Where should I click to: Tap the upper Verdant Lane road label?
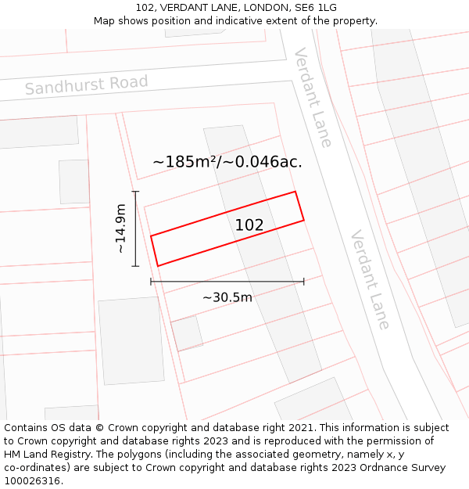click(313, 97)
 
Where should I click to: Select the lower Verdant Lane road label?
click(370, 279)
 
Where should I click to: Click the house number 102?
click(249, 225)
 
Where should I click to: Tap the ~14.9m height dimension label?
click(120, 228)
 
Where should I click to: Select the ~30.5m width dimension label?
click(227, 297)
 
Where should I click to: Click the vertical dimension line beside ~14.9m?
click(135, 228)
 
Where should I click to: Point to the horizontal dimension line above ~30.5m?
click(227, 282)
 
